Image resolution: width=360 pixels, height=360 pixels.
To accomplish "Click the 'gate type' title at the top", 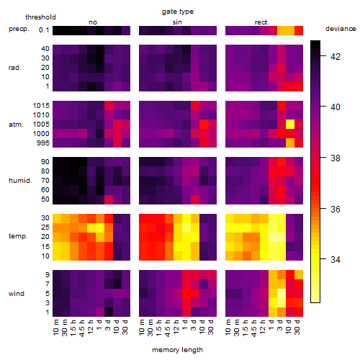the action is (178, 12).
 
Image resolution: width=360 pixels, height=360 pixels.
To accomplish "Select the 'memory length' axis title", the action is (177, 350).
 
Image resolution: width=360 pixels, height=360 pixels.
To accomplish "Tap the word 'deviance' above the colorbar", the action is (341, 29).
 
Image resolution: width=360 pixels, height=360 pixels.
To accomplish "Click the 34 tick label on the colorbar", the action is (336, 260).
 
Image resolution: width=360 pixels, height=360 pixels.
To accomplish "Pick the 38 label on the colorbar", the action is (336, 158).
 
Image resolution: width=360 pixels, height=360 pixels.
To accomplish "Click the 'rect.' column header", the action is (262, 22).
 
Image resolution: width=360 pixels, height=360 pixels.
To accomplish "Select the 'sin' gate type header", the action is (177, 22).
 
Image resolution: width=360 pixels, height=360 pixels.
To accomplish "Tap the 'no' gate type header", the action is (93, 22).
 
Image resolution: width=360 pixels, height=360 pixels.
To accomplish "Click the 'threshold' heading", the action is (40, 17).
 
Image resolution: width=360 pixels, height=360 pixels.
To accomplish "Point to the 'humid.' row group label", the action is (20, 181).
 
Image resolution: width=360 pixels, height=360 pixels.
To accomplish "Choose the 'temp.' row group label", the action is (18, 236).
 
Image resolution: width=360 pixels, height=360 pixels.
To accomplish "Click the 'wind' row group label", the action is (17, 294).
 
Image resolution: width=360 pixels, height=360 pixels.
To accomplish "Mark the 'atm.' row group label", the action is (16, 125).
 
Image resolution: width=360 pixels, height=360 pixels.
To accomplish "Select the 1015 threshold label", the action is (41, 106).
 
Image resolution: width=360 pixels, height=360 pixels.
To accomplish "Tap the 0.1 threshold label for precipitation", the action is (44, 30).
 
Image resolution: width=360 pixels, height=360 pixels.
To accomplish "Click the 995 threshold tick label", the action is (43, 143).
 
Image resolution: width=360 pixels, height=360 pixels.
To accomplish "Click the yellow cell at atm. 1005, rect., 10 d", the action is (290, 124).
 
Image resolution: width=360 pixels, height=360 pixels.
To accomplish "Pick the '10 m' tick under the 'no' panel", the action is (56, 327).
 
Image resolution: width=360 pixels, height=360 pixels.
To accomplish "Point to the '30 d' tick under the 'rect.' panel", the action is (297, 327).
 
